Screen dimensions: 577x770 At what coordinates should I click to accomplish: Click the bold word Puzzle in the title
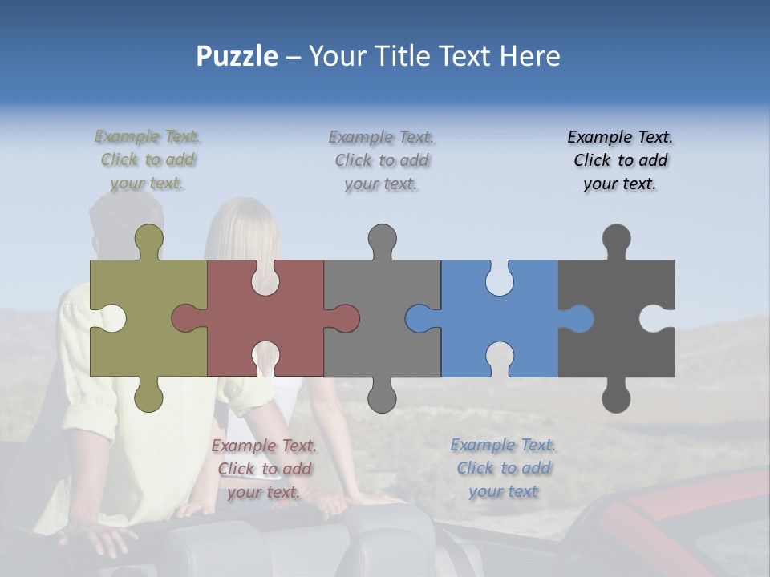coord(237,56)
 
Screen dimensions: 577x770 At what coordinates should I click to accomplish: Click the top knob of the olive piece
coord(149,239)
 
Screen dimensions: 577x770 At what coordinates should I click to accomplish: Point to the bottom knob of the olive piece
coord(149,397)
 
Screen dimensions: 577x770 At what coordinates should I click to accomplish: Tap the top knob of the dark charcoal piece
coord(616,239)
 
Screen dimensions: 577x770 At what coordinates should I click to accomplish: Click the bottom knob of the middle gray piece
coord(382,397)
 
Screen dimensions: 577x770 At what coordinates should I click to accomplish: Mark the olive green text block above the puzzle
coord(148,160)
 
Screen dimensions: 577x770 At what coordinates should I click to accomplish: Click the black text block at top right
coord(620,160)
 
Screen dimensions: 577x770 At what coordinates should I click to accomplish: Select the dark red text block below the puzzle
coord(264,469)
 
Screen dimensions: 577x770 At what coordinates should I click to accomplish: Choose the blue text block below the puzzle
coord(503,468)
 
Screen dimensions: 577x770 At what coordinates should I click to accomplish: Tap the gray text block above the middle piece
coord(381,160)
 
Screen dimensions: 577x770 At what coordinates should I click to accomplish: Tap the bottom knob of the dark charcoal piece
coord(616,397)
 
